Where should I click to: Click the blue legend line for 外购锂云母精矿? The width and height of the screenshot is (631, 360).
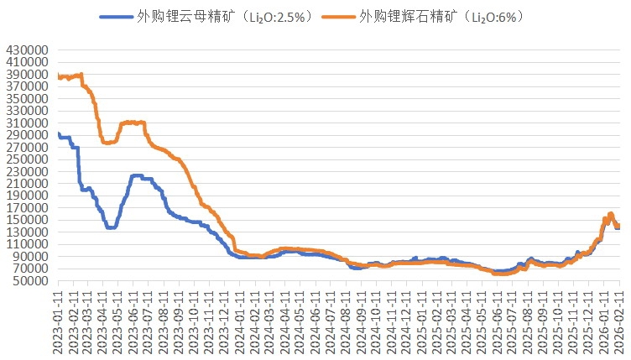[115, 16]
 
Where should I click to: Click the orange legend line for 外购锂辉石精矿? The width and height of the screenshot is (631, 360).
[339, 16]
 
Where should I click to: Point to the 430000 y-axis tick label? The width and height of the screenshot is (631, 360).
[25, 50]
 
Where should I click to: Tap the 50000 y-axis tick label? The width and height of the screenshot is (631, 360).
[29, 281]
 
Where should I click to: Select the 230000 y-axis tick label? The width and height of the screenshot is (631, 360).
[25, 171]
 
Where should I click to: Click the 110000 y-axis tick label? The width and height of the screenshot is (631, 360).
[25, 244]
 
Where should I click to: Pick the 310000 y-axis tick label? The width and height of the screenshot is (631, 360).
[25, 123]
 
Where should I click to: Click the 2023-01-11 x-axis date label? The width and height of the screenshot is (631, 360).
[58, 322]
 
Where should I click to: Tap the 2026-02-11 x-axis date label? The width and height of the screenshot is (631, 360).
[619, 322]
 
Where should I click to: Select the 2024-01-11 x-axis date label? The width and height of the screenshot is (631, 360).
[240, 322]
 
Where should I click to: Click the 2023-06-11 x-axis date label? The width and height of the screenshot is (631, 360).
[133, 322]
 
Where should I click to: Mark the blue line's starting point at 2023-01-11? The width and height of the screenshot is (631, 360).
[58, 133]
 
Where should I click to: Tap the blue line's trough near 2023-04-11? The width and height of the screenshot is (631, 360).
[110, 227]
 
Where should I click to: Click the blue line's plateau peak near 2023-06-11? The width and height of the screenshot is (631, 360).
[137, 176]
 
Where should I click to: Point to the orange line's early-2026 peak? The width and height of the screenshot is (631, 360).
[611, 214]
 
